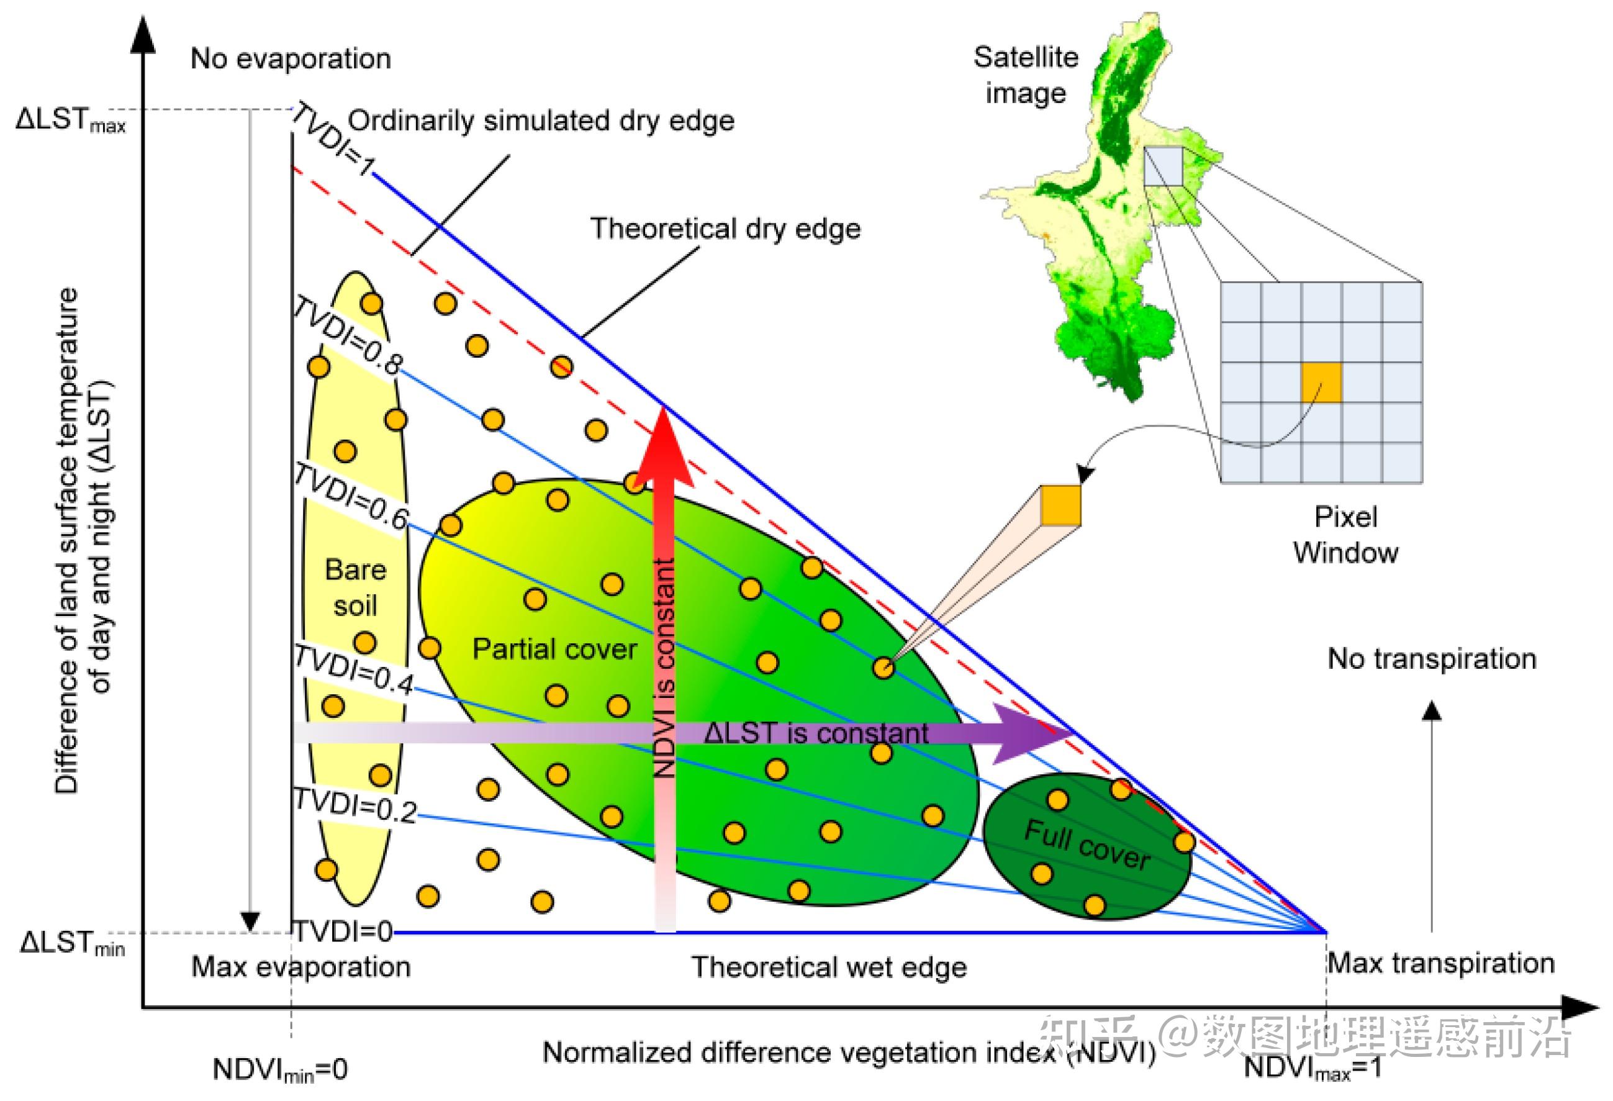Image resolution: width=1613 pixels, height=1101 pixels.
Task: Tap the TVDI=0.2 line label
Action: (x=355, y=805)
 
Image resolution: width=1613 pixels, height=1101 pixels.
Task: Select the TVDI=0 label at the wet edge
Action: (x=343, y=931)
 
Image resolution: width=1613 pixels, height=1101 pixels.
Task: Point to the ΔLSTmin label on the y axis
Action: (x=72, y=943)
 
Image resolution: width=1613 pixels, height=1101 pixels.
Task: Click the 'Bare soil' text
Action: (x=355, y=587)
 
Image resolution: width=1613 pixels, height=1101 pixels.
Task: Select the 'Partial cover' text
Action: (x=554, y=649)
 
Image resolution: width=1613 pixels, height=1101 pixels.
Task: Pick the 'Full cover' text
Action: (x=1088, y=845)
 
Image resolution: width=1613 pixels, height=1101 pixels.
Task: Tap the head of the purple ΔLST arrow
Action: (x=1034, y=734)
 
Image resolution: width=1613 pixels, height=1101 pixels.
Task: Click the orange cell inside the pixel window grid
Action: (x=1321, y=383)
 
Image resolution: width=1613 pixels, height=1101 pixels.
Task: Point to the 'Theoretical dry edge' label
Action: (x=725, y=229)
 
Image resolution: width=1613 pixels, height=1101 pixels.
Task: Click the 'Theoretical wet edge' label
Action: (x=829, y=967)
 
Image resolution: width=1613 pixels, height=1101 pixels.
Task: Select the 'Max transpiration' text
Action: (x=1441, y=964)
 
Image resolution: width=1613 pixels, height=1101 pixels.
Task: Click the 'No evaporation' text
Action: (x=291, y=58)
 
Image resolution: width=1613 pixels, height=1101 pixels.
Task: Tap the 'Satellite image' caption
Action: (x=1026, y=75)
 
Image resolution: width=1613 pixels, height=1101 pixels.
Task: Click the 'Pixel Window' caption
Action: (x=1345, y=535)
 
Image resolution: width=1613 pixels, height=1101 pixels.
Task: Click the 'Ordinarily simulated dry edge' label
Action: (x=541, y=121)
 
